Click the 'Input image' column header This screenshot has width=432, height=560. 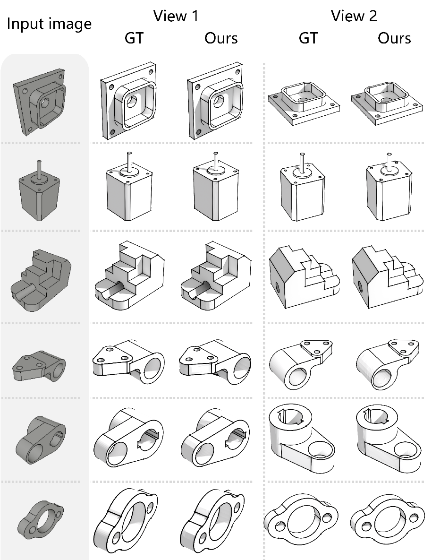point(49,24)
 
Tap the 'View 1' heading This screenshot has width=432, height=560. point(176,16)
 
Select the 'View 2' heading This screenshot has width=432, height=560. point(354,16)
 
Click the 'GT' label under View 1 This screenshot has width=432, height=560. point(134,38)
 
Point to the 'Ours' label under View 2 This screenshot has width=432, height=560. point(394,38)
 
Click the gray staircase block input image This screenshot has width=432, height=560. point(42,280)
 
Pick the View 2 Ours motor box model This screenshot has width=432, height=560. point(390,187)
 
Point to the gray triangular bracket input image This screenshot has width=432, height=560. point(39,366)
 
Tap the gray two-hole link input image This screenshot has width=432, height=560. point(40,439)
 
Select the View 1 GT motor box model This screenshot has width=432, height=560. point(129,186)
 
